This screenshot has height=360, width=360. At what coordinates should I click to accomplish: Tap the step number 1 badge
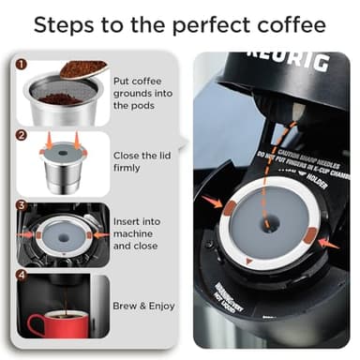[21, 66]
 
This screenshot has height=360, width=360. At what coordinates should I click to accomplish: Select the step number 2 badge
[21, 135]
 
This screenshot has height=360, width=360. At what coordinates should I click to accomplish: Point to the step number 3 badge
[21, 204]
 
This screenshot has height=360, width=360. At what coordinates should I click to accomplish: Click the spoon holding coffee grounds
[83, 69]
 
